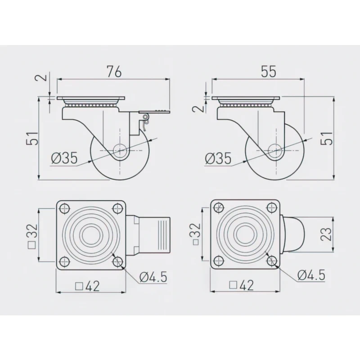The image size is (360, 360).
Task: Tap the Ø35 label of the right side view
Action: tap(218, 158)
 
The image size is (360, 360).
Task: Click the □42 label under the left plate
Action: tap(87, 285)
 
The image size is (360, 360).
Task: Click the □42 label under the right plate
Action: tap(242, 285)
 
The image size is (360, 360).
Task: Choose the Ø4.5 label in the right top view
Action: tap(310, 275)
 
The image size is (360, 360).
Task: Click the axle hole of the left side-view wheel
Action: tap(121, 150)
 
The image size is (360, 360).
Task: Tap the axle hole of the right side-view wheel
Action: tap(275, 150)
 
